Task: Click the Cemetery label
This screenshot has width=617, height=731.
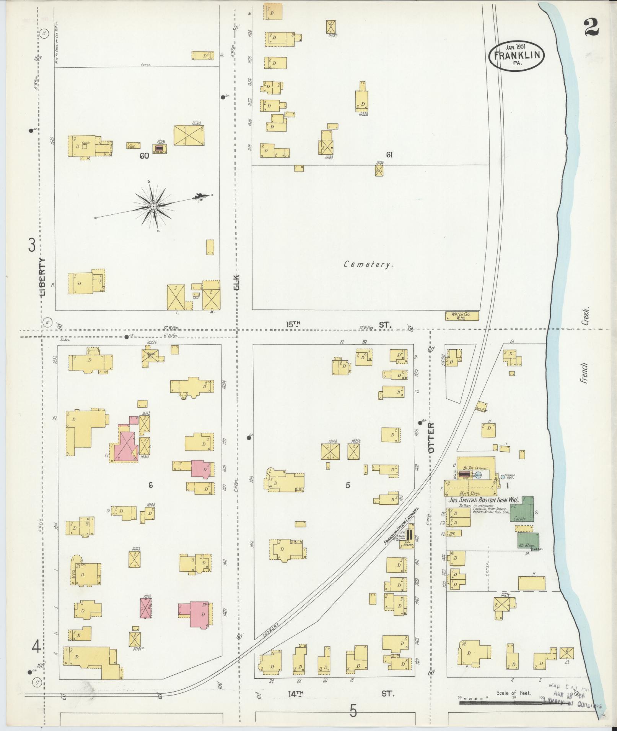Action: [x=368, y=264]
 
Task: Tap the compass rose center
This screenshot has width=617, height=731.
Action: [x=153, y=206]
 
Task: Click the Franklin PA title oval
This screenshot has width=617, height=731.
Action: [x=516, y=55]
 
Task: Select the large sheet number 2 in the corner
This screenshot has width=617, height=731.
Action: [x=591, y=28]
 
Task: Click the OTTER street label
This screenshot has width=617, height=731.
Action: [x=431, y=438]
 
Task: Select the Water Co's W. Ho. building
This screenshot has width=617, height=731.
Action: [x=462, y=316]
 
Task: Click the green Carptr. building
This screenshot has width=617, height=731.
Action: [x=522, y=509]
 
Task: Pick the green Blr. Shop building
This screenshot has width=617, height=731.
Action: [x=529, y=541]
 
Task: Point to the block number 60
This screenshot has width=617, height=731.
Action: [x=144, y=156]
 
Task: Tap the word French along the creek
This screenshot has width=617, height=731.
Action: [x=584, y=373]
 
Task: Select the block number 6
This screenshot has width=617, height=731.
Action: [x=151, y=485]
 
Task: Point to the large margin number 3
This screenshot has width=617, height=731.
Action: [x=32, y=245]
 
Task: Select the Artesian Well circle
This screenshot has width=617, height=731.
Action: [x=503, y=477]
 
